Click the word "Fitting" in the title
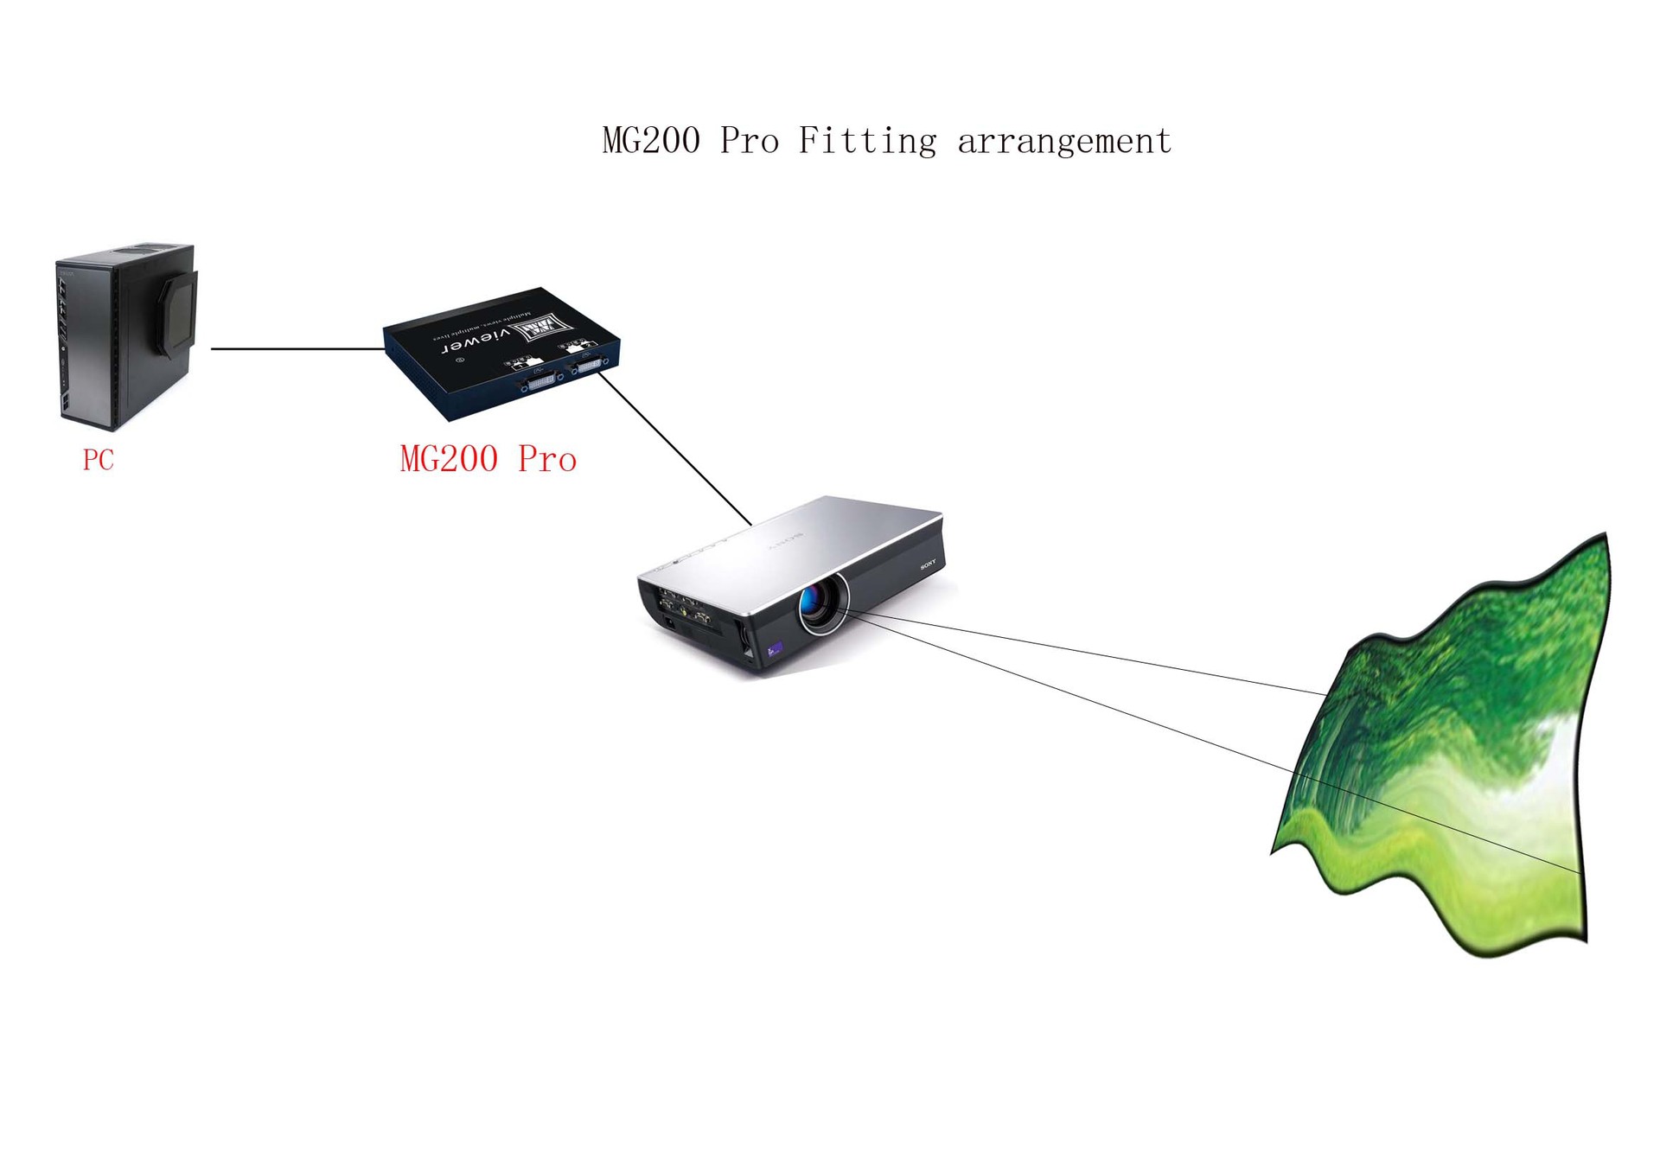pos(866,141)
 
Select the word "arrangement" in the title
pos(1063,141)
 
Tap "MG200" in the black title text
pos(651,140)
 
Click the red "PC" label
pos(98,460)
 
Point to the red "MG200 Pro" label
pos(488,459)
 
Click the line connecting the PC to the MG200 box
pos(297,349)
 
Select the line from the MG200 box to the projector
pos(674,449)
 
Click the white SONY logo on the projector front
pos(928,564)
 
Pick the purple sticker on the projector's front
pos(775,648)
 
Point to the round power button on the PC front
pos(63,349)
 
